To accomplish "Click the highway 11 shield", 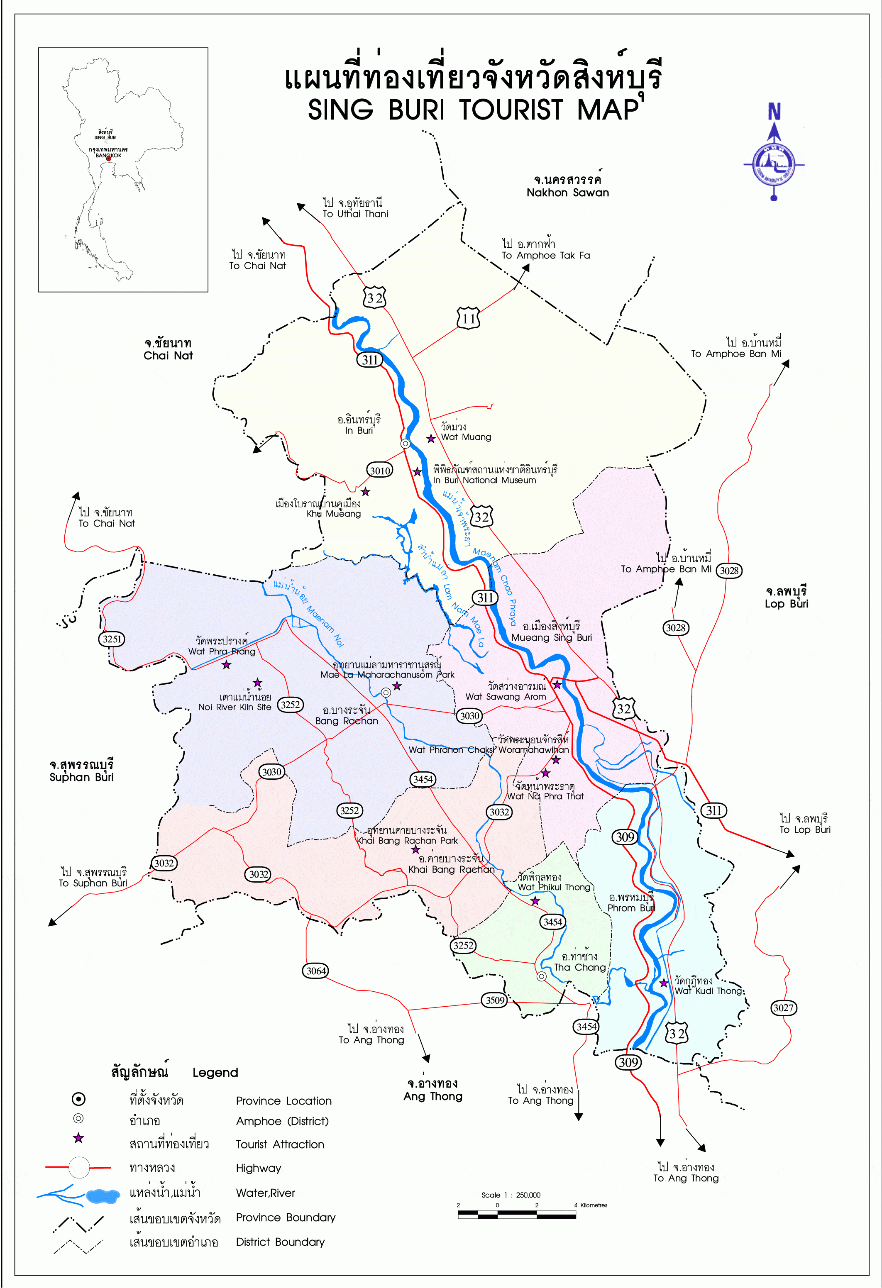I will [x=469, y=318].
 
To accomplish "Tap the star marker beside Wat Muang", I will [x=431, y=438].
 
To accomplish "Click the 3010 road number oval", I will [x=380, y=471].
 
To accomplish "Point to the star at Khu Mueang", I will [x=365, y=492].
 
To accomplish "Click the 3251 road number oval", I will [x=112, y=639].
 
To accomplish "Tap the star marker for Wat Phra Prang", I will [x=226, y=664].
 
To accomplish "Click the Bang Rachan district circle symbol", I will [x=386, y=692].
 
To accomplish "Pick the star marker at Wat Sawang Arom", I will [x=557, y=685].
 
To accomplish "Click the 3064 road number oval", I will [x=316, y=971].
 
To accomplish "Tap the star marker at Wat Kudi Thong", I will [x=664, y=983].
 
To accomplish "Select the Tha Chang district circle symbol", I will [x=542, y=976].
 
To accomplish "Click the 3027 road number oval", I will [x=783, y=1007].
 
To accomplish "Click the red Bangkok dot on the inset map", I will [x=109, y=159].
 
